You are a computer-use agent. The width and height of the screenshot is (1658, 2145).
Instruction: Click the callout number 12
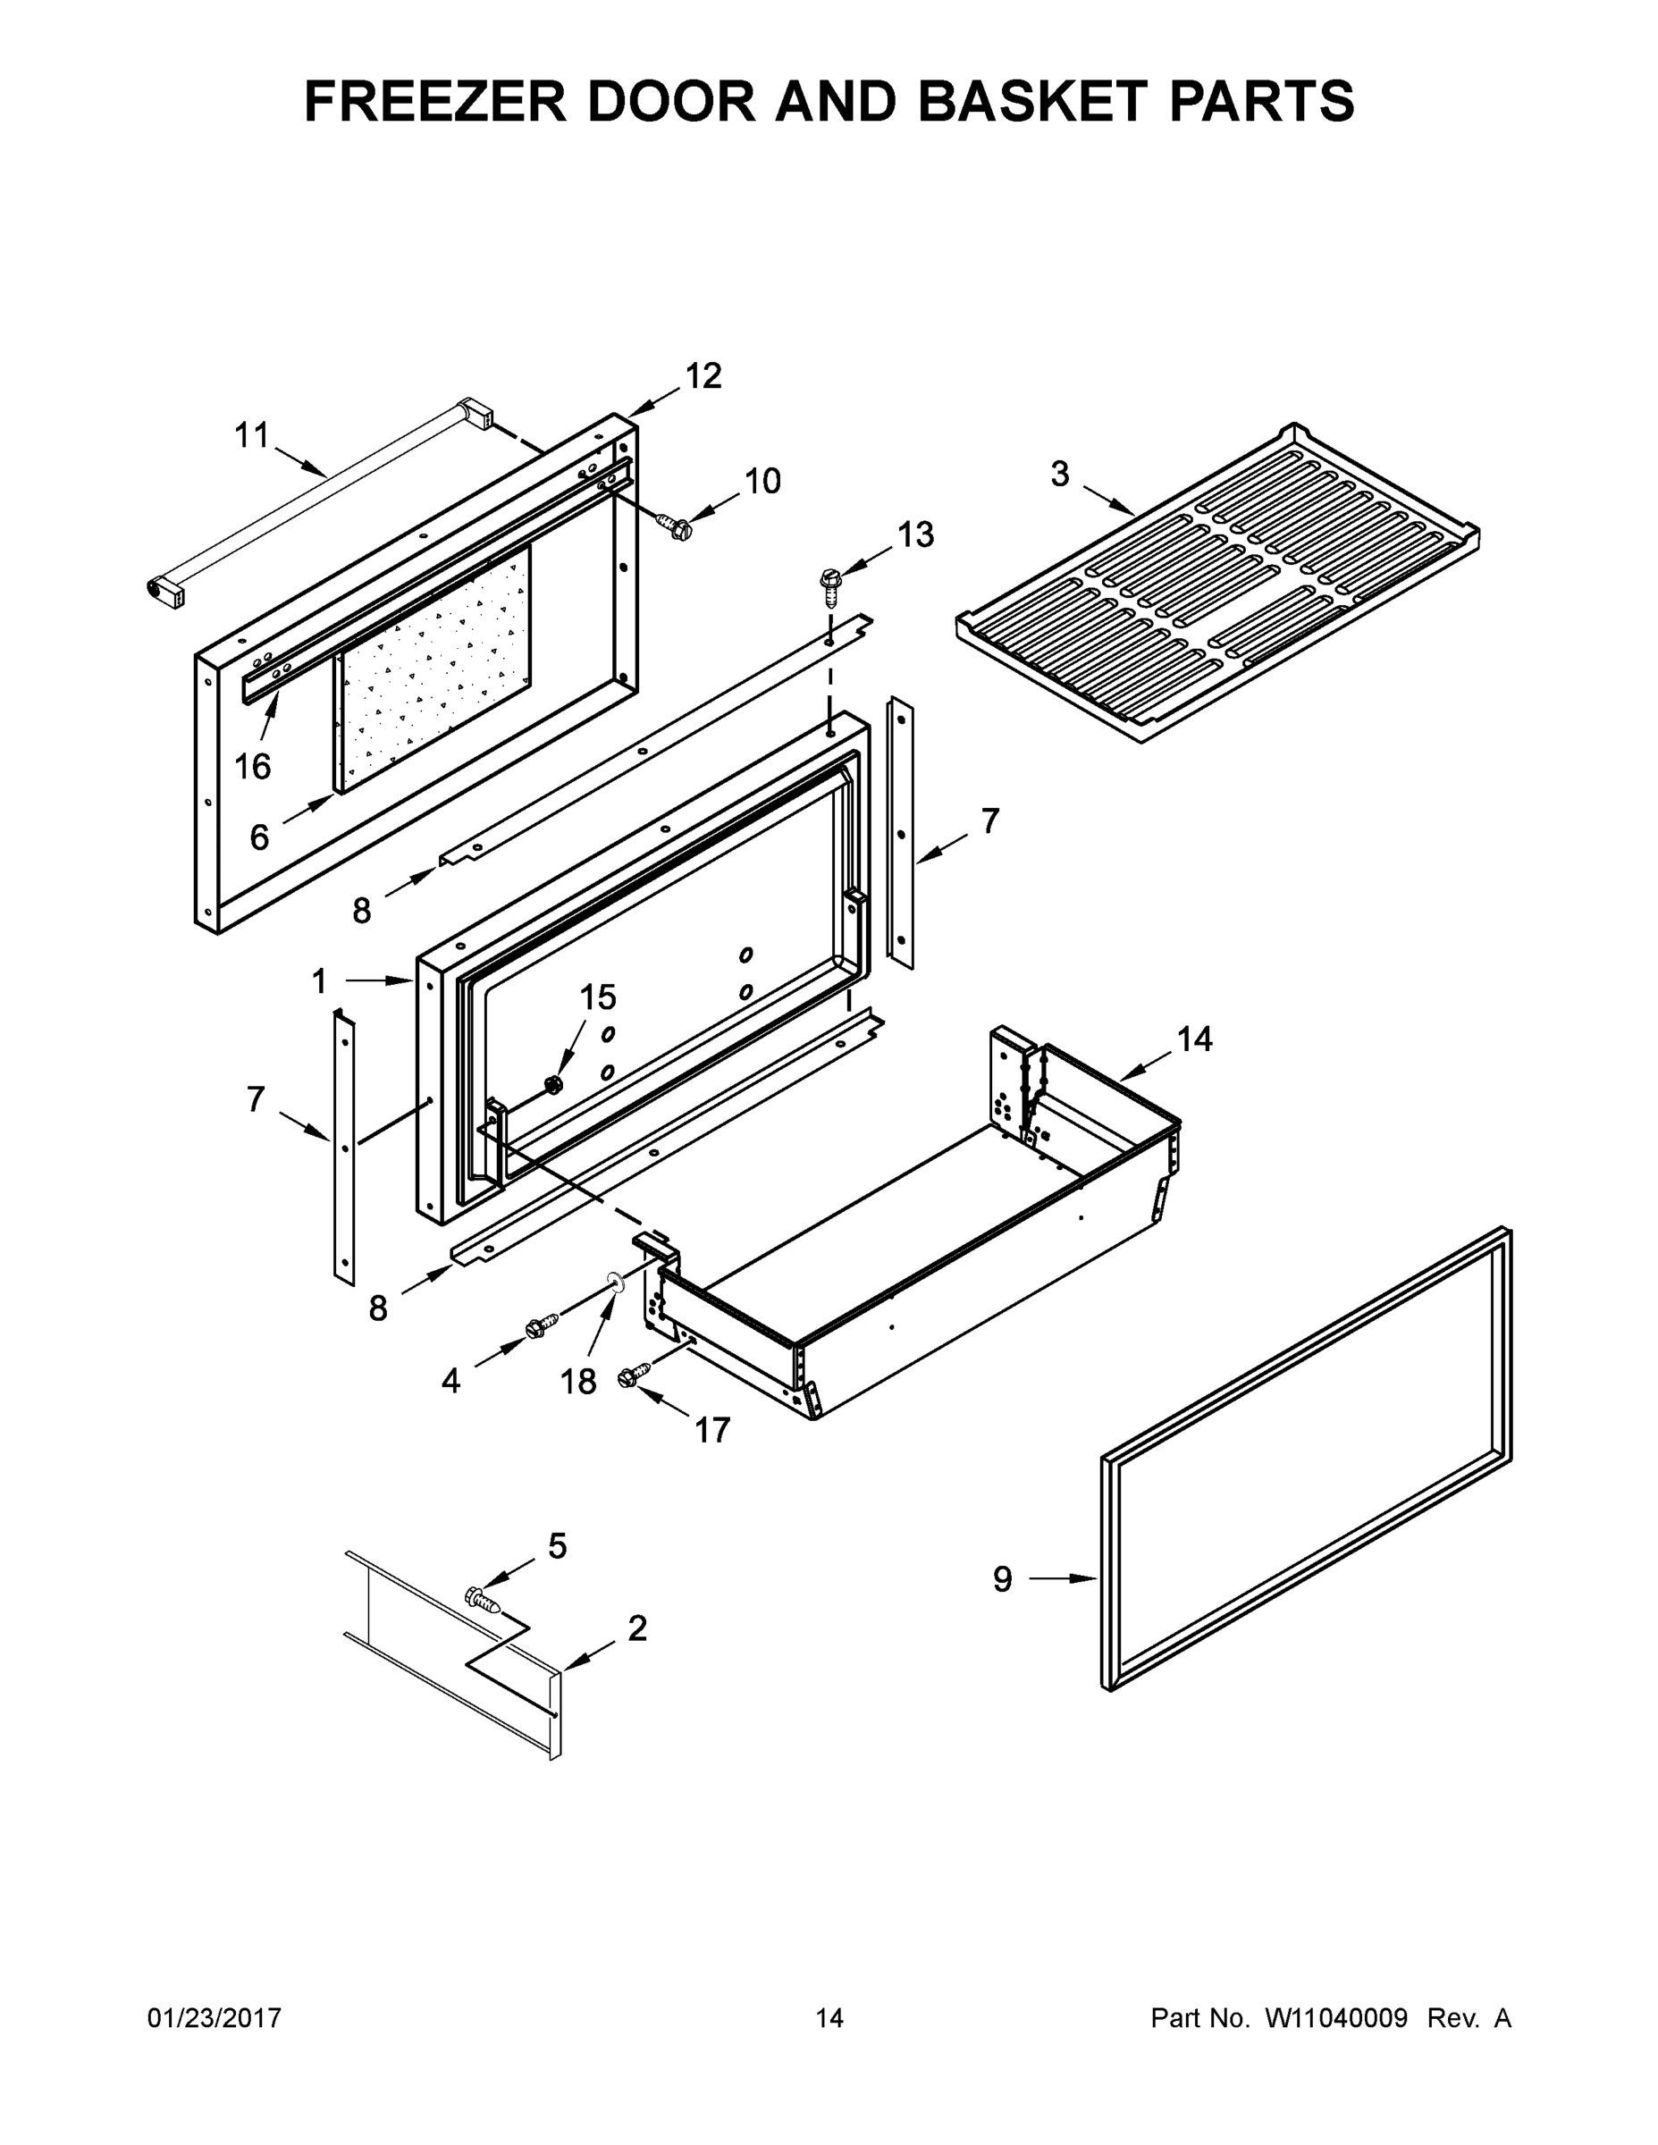coord(703,376)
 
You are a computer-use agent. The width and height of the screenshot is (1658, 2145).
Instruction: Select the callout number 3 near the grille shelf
coord(1060,475)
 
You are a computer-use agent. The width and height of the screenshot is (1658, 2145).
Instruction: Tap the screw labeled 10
coord(676,526)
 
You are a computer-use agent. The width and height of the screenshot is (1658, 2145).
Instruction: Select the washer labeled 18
coord(616,1281)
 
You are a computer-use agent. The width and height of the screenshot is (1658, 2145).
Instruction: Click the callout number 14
coord(1194,1039)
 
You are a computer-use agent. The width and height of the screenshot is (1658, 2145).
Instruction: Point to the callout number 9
coord(1002,1578)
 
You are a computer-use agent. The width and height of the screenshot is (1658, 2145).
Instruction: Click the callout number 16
coord(252,766)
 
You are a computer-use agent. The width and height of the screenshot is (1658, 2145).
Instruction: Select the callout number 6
coord(259,837)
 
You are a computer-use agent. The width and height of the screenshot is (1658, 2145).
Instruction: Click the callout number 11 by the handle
coord(251,435)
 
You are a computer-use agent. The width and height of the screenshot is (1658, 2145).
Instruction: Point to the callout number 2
coord(637,1628)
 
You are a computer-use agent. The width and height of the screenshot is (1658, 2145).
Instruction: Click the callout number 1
coord(319,980)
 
